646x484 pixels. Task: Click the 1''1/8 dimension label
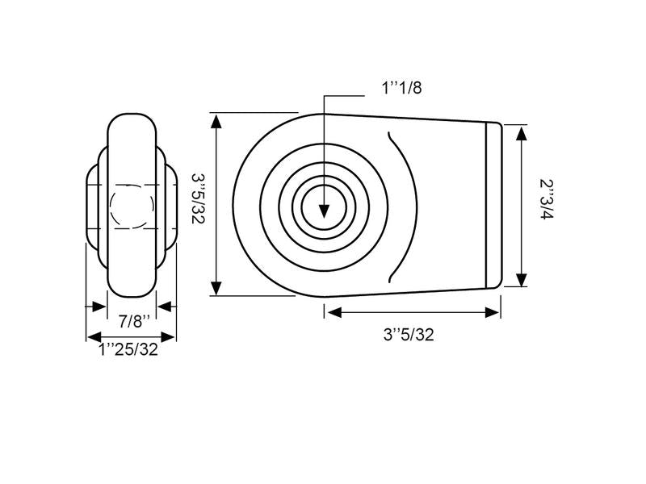coord(401,88)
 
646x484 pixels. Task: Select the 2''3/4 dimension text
coord(547,199)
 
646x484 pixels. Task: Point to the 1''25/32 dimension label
coord(128,349)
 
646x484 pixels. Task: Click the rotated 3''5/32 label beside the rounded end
coord(198,198)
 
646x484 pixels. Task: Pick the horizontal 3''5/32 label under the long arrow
coord(409,335)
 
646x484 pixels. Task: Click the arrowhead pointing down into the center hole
coord(325,211)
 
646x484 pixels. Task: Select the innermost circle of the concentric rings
coord(325,206)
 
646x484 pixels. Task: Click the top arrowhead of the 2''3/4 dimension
coord(522,134)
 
